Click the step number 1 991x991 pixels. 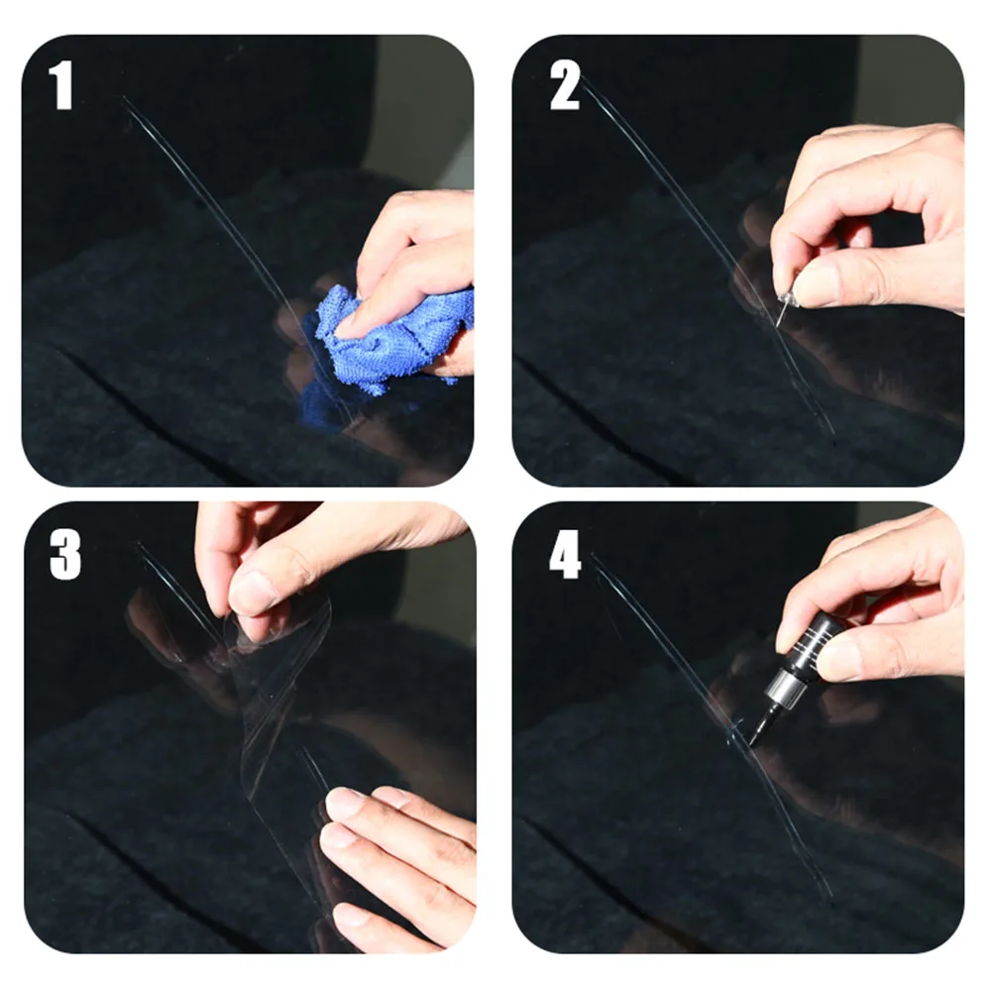pyautogui.click(x=61, y=85)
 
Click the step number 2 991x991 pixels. pyautogui.click(x=565, y=85)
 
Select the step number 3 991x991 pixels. pyautogui.click(x=65, y=554)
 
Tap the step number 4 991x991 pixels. pyautogui.click(x=565, y=554)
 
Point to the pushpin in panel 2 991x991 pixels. pyautogui.click(x=786, y=305)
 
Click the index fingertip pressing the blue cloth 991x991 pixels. pyautogui.click(x=345, y=324)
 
